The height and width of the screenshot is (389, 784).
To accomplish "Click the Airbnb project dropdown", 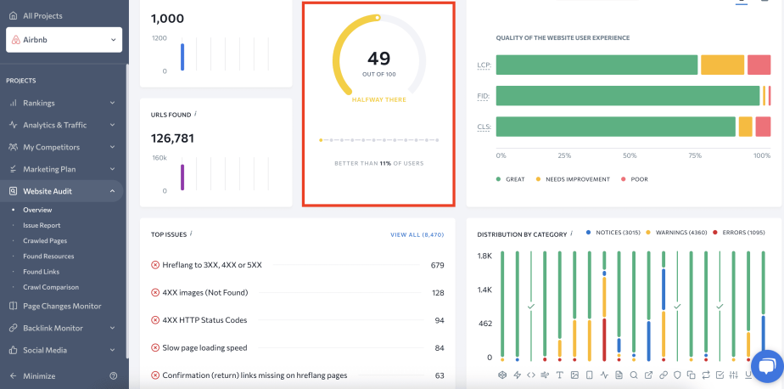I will [x=64, y=40].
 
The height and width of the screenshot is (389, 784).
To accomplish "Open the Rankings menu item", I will [x=39, y=103].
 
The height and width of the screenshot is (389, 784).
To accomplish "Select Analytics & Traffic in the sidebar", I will [x=54, y=125].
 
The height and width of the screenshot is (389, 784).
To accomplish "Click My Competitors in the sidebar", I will [x=51, y=147].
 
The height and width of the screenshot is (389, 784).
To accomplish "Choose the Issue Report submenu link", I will [x=42, y=225].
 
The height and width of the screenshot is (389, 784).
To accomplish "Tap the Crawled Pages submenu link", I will [x=44, y=240].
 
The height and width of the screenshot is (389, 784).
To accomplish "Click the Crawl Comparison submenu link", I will [x=51, y=287].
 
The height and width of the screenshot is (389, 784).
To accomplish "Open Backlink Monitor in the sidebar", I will [x=53, y=328].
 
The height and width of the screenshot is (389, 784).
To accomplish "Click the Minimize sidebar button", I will [x=39, y=375].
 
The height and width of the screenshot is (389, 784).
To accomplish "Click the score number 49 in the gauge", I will [x=379, y=59].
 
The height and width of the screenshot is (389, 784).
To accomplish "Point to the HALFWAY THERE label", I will [x=379, y=99].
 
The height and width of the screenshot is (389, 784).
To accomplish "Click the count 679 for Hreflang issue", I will [x=437, y=265].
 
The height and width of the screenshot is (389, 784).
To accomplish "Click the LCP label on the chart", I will [x=484, y=65].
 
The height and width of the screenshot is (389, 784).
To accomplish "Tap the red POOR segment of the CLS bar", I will [x=763, y=127].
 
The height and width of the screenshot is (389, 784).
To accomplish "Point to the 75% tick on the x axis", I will [x=695, y=155].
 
